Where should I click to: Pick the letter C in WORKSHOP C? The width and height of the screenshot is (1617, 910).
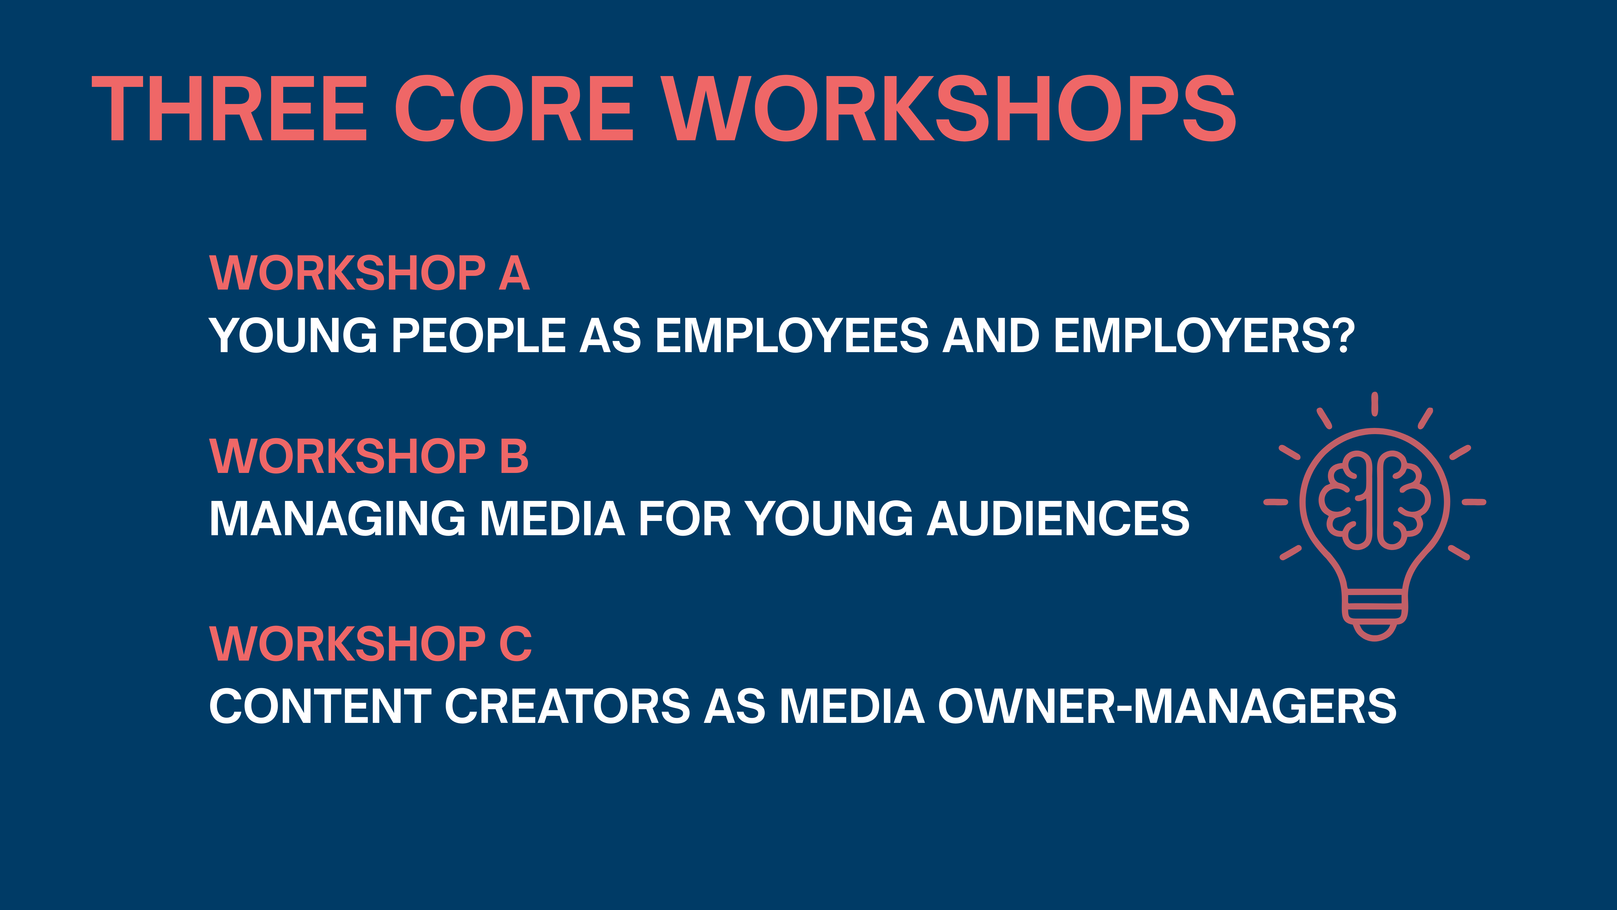[x=515, y=644]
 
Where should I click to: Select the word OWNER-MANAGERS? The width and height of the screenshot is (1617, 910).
[x=1167, y=706]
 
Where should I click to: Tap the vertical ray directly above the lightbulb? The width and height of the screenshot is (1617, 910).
[x=1375, y=404]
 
